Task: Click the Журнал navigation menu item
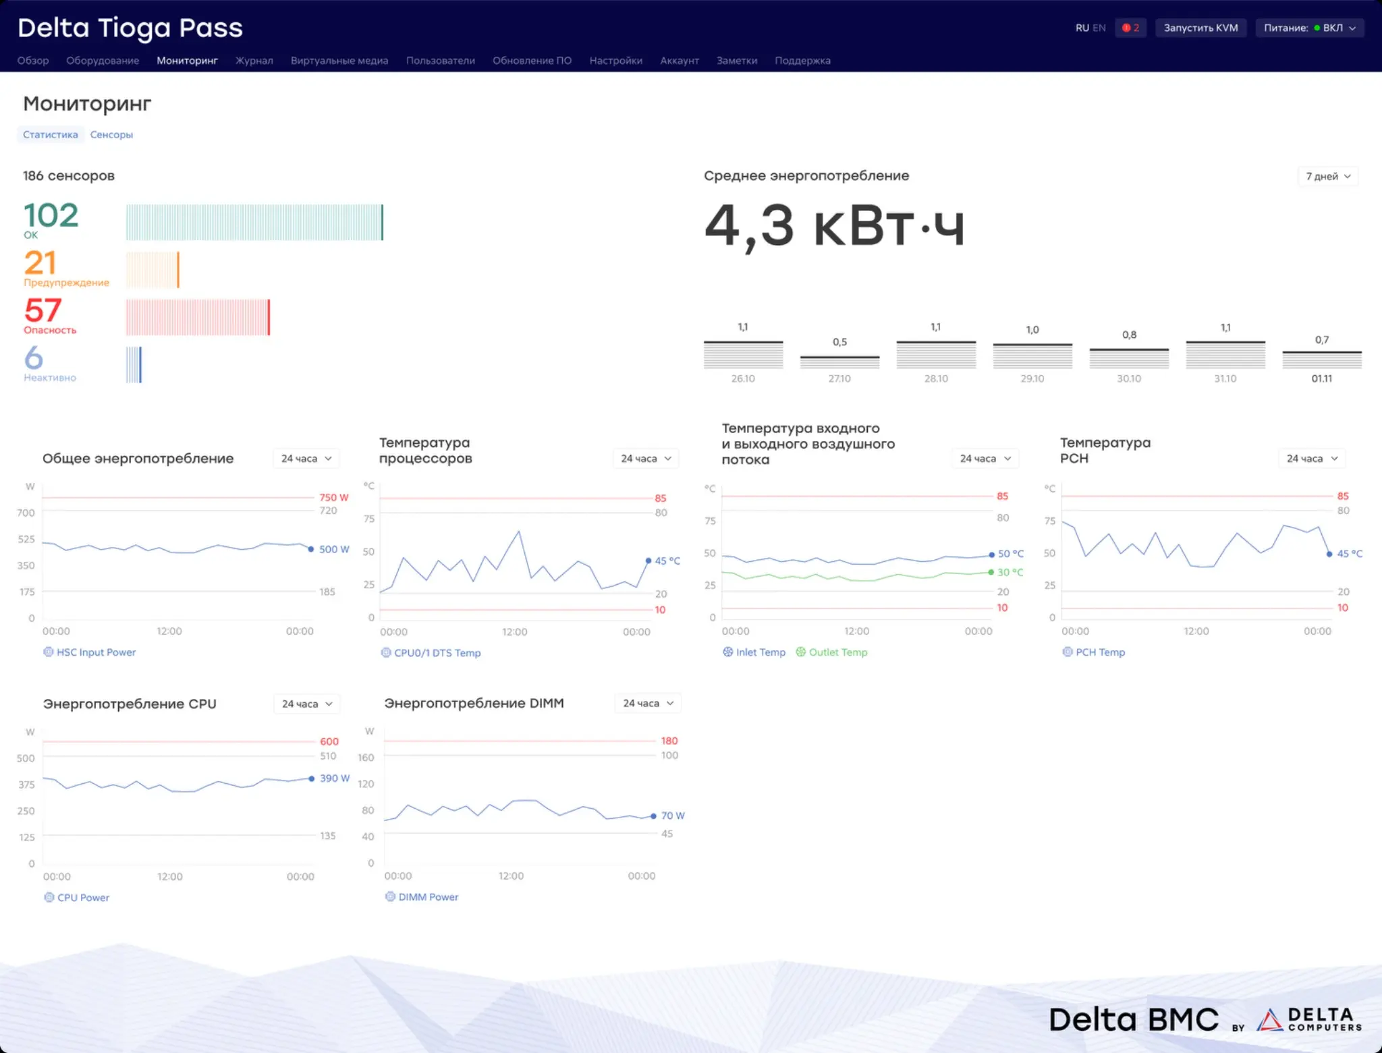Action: pos(254,61)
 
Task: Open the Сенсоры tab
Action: pos(111,135)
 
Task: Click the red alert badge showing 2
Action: pos(1130,28)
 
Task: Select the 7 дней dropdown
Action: pos(1327,176)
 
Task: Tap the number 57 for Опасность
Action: pos(43,310)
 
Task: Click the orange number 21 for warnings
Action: pos(40,262)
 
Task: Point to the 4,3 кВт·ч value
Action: pos(835,226)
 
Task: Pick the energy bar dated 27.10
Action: pos(839,362)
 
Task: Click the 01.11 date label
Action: pos(1321,378)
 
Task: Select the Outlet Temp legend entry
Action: pos(831,652)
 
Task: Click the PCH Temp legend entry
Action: pos(1094,652)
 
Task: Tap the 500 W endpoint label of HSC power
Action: pos(334,549)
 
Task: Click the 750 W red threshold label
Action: pos(334,497)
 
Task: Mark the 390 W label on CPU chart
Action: pos(335,778)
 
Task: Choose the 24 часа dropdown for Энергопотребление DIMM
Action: pos(648,703)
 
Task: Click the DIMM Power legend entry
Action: pos(422,897)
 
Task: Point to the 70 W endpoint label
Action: pos(673,816)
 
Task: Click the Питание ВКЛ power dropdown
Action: pos(1309,28)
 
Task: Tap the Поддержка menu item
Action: pos(802,61)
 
